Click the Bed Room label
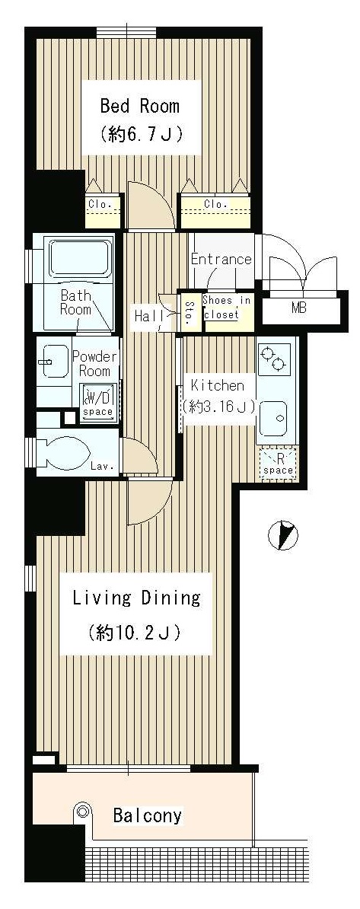(140, 107)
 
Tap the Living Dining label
(136, 598)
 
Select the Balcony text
(147, 816)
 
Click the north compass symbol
(283, 534)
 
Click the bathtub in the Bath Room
(80, 259)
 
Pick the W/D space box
(98, 401)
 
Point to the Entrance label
(221, 259)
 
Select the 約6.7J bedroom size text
(141, 135)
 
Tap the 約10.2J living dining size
(135, 631)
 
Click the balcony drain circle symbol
(83, 812)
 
